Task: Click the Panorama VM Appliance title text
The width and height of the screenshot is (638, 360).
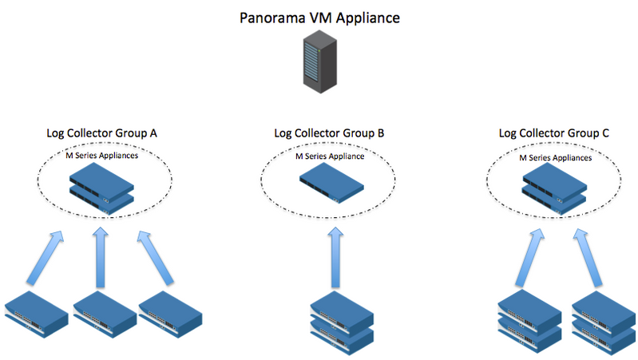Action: [x=319, y=17]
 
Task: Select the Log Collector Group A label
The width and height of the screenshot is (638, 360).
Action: [x=101, y=134]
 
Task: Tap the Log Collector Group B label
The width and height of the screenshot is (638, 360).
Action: [x=328, y=134]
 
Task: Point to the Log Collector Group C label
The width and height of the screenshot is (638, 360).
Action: [x=555, y=134]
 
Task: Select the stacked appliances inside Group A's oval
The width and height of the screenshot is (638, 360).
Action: [x=101, y=190]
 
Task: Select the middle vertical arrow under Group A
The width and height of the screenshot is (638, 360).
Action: [x=101, y=256]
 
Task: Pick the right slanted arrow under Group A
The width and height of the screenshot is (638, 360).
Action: [x=156, y=256]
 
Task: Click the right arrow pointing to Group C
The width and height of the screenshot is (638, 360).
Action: [x=588, y=255]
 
